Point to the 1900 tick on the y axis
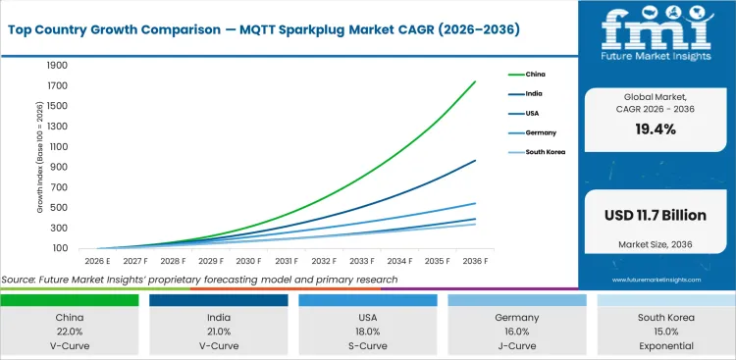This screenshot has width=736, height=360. click(56, 66)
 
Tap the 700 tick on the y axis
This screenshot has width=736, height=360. click(59, 187)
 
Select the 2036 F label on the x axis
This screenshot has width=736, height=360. click(474, 261)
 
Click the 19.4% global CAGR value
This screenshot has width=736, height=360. click(656, 129)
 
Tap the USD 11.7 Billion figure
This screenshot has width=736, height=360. click(656, 212)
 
